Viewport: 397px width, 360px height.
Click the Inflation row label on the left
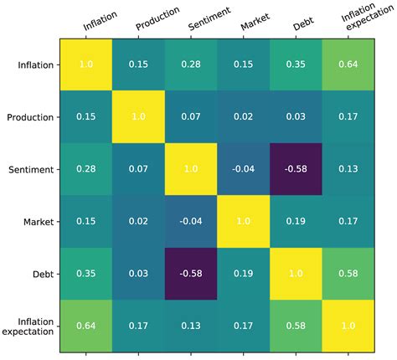31,64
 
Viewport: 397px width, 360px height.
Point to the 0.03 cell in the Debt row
140,275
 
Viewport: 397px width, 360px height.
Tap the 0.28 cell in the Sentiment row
87,170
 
